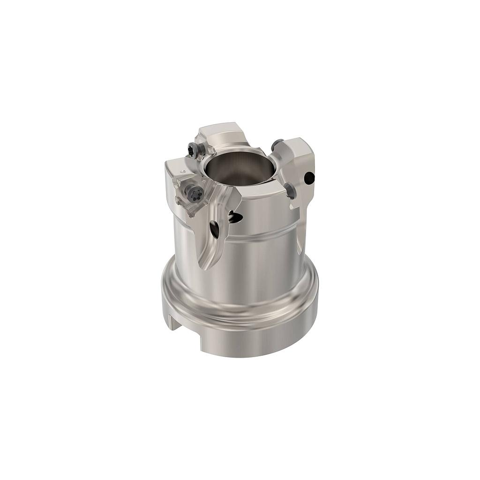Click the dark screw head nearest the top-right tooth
point(277,144)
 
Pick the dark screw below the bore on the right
point(290,190)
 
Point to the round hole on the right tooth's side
point(309,178)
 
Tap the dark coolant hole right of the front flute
point(235,217)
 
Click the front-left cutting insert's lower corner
point(191,213)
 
